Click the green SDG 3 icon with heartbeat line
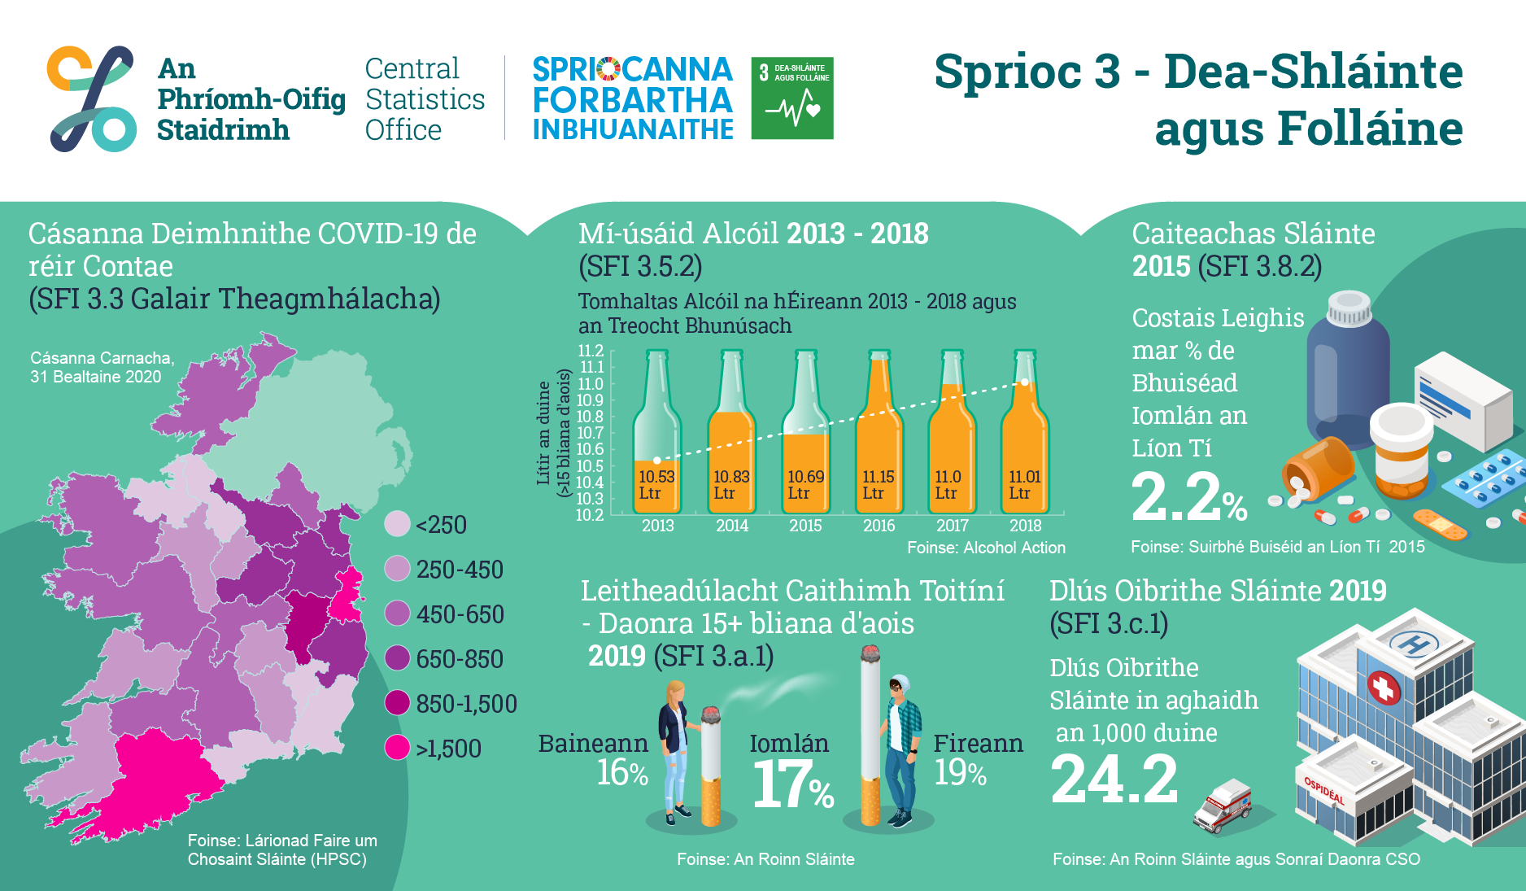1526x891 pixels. tap(792, 98)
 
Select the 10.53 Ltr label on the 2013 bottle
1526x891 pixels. tap(656, 485)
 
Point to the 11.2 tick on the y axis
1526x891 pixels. tap(591, 351)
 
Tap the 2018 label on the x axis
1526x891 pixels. tap(1025, 526)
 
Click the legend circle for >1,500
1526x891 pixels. tap(397, 747)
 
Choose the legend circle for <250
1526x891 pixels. tap(397, 524)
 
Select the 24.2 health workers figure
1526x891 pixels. tap(1114, 779)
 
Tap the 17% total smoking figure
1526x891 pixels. tap(793, 784)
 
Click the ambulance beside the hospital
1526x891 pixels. tap(1223, 806)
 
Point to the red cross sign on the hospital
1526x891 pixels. tap(1384, 688)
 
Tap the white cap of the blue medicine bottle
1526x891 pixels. tap(1349, 308)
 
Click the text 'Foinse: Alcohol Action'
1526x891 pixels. tap(986, 548)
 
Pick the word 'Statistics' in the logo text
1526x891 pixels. tap(425, 99)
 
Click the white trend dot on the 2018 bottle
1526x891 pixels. tap(1025, 382)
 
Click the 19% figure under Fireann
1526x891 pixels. tap(960, 773)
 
